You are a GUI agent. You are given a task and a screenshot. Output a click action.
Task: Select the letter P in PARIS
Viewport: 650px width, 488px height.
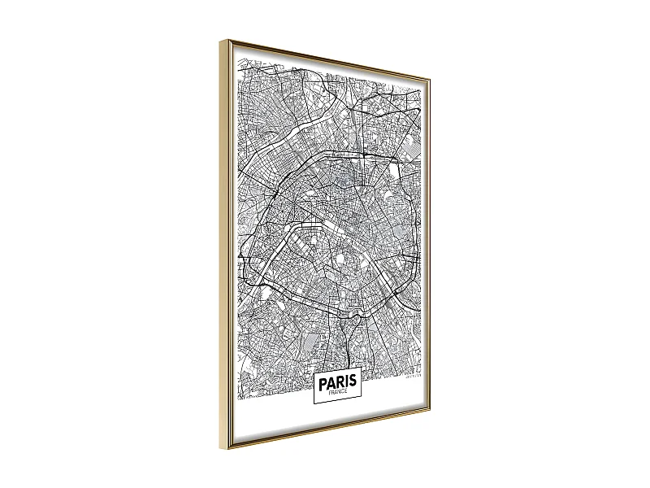tap(323, 381)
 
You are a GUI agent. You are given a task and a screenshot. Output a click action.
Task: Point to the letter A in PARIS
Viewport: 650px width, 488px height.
tap(331, 381)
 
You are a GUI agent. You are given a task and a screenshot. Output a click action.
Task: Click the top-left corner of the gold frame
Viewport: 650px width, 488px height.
tap(219, 40)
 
